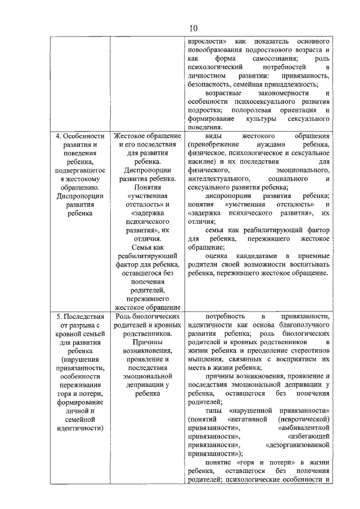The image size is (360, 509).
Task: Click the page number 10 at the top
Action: tap(193, 28)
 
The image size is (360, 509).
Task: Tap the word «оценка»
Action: tap(217, 256)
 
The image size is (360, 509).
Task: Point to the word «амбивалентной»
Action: tap(303, 428)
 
